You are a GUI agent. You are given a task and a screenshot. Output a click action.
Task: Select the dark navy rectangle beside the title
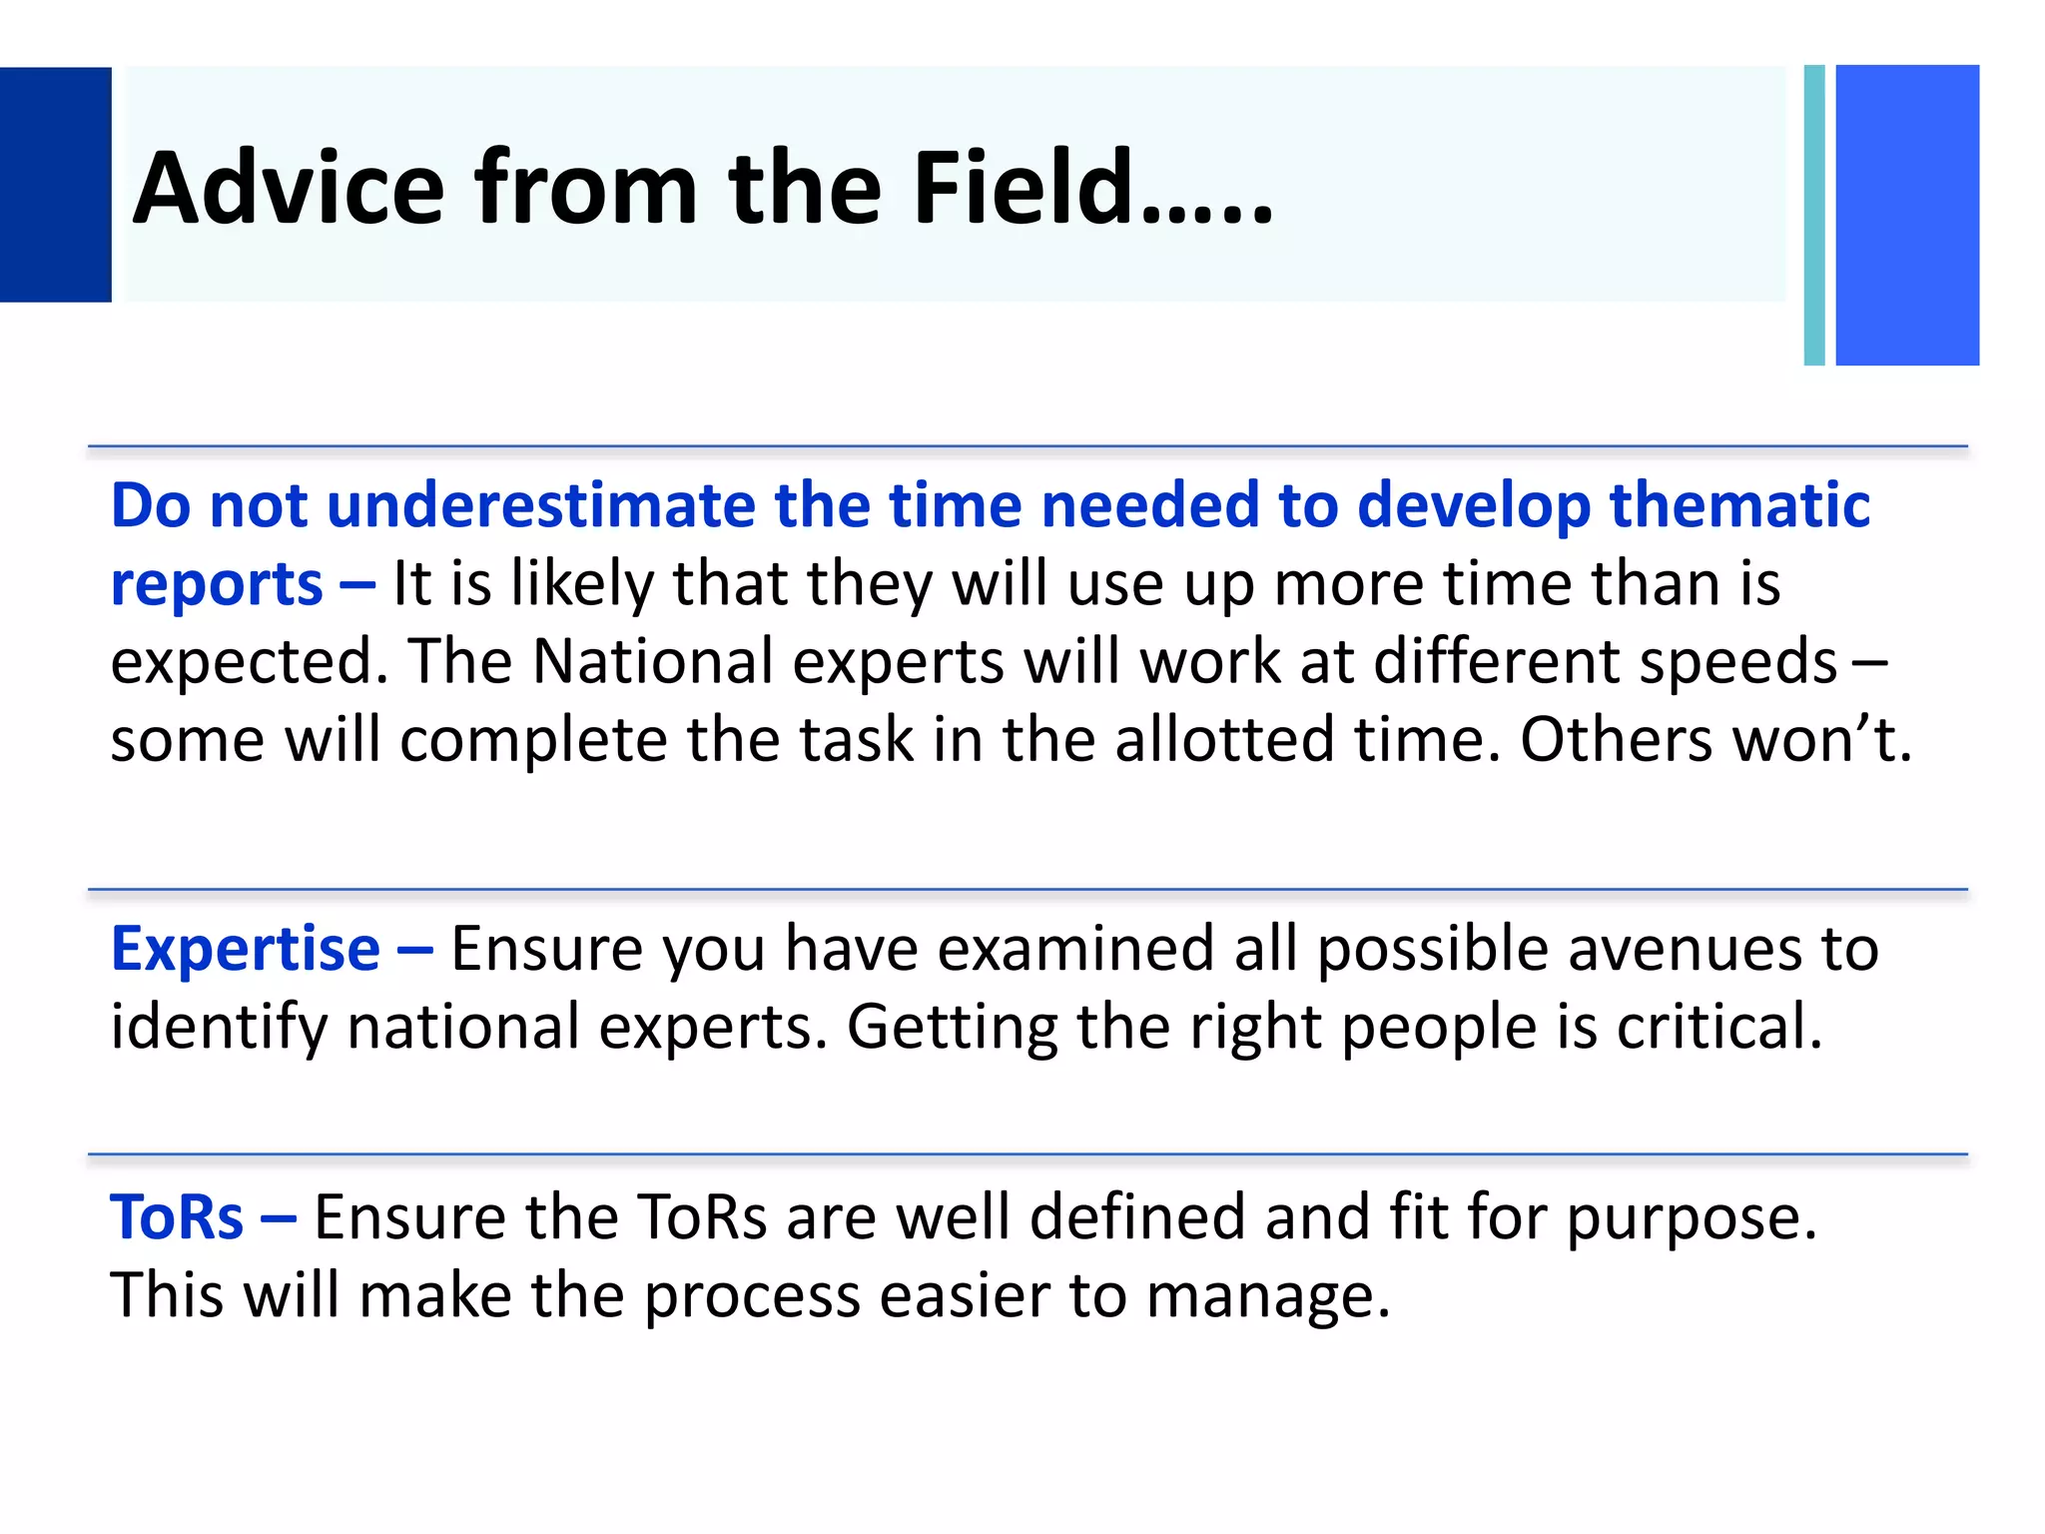(x=55, y=185)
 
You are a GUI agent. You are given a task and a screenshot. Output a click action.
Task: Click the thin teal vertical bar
(x=1814, y=215)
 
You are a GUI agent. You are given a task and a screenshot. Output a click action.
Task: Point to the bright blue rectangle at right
(x=1907, y=215)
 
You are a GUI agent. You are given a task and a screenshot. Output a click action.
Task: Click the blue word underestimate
(x=539, y=504)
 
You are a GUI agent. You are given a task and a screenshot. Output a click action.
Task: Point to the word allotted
(x=1223, y=740)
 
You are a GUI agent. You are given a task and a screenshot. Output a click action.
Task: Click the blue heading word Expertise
(x=246, y=949)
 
